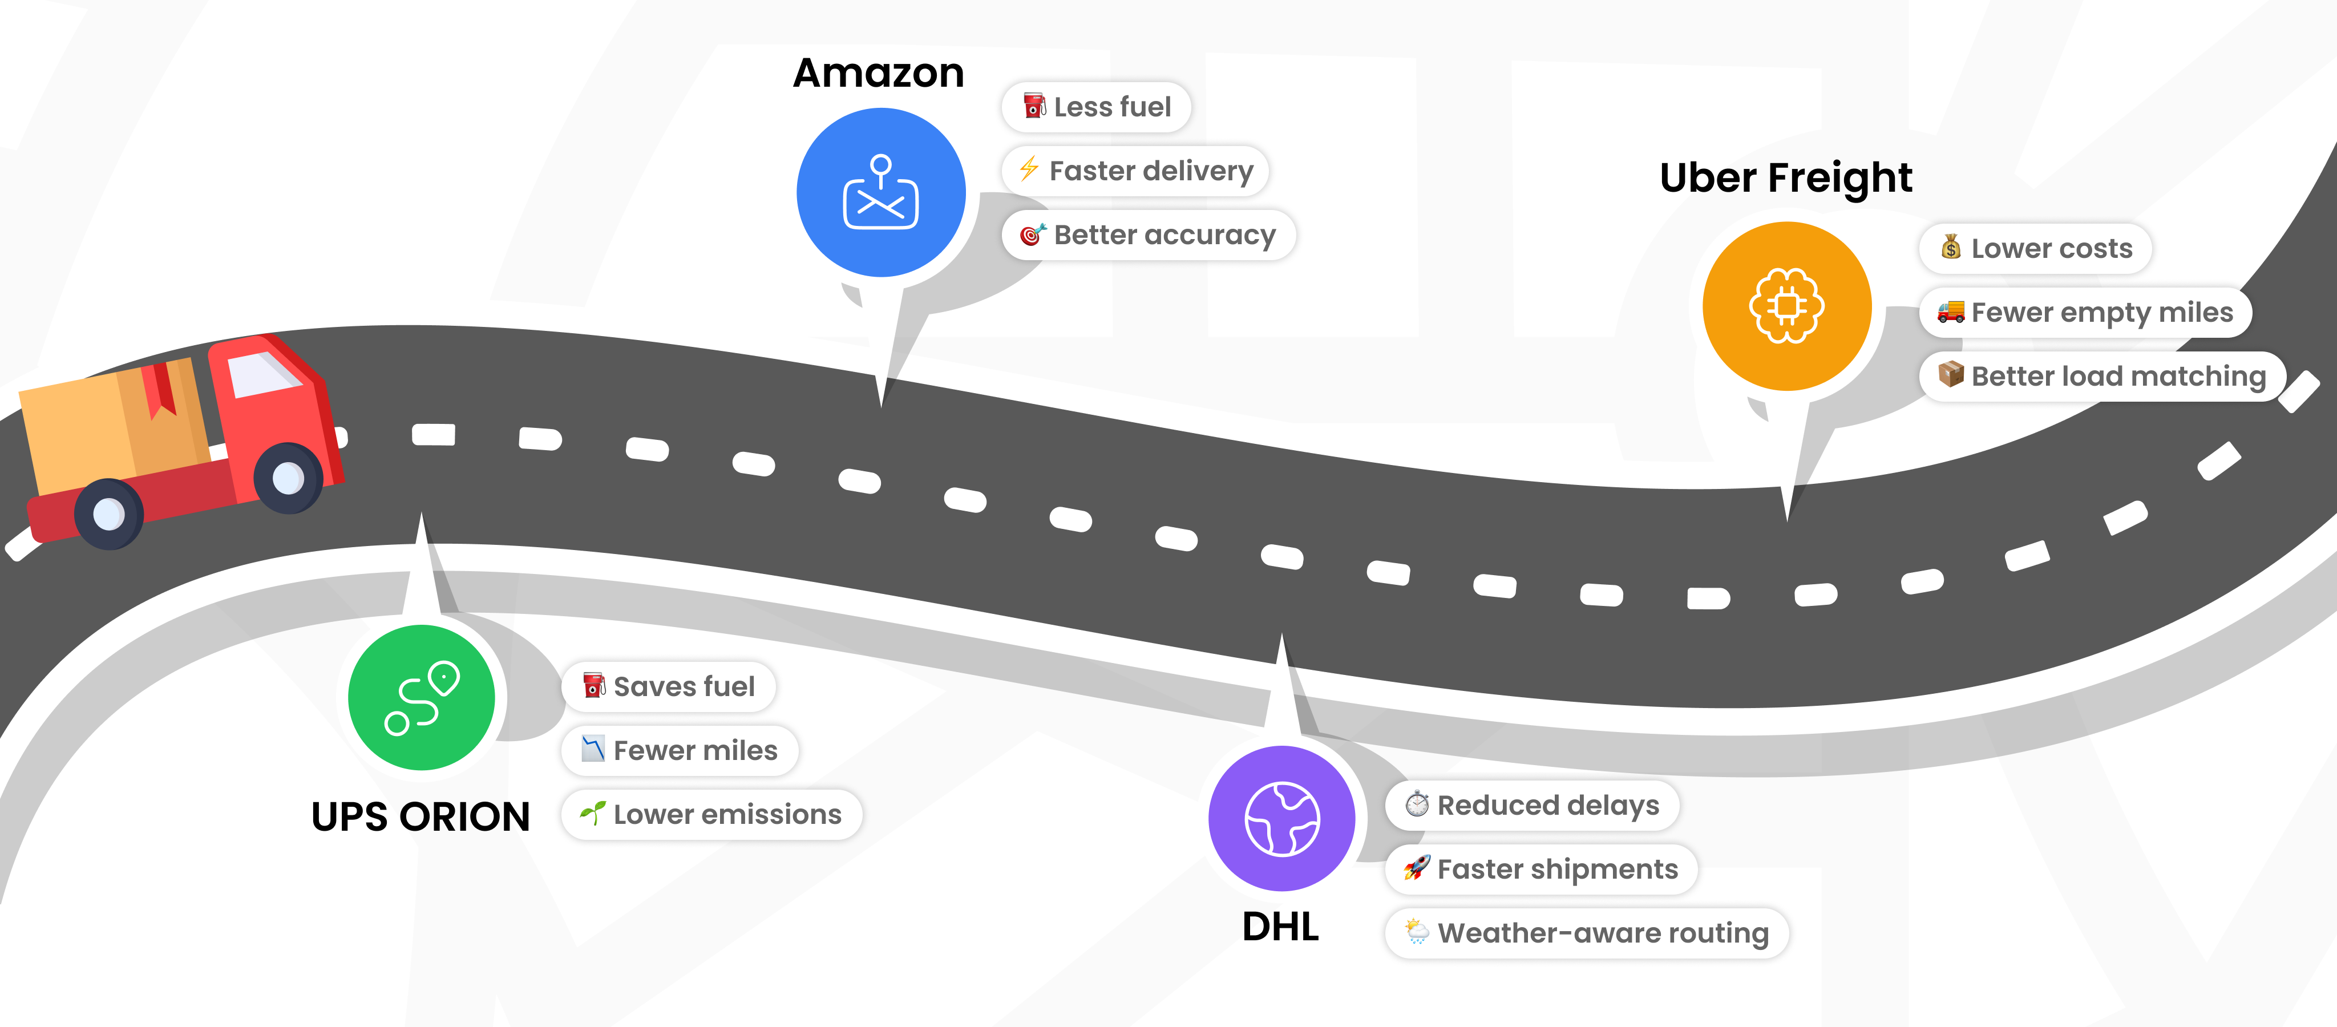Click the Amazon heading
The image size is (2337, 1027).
(878, 72)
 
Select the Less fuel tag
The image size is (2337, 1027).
(1096, 107)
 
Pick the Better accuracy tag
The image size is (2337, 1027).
(1149, 235)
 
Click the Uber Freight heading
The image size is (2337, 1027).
(1785, 178)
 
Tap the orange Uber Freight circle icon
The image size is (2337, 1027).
(1786, 306)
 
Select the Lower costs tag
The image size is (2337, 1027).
(2036, 249)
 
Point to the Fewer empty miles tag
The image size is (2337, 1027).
(2085, 312)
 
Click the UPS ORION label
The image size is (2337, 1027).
(420, 816)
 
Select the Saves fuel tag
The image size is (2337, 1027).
(669, 687)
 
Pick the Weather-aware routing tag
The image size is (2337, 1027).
(1587, 933)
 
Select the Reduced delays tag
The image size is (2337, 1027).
(1533, 804)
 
